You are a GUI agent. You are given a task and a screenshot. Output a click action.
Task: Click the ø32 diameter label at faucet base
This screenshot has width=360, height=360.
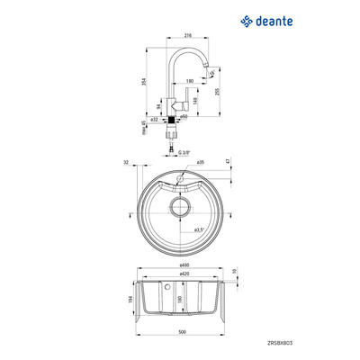point(154,118)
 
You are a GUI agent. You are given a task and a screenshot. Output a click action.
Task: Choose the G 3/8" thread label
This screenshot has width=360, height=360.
point(184,152)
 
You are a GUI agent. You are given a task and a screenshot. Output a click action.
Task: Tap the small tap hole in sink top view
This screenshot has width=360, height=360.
point(179,181)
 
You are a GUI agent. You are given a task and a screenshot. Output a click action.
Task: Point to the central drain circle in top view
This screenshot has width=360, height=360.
point(179,208)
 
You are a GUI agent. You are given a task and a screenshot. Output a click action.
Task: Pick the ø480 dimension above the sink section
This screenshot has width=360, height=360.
point(184,265)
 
